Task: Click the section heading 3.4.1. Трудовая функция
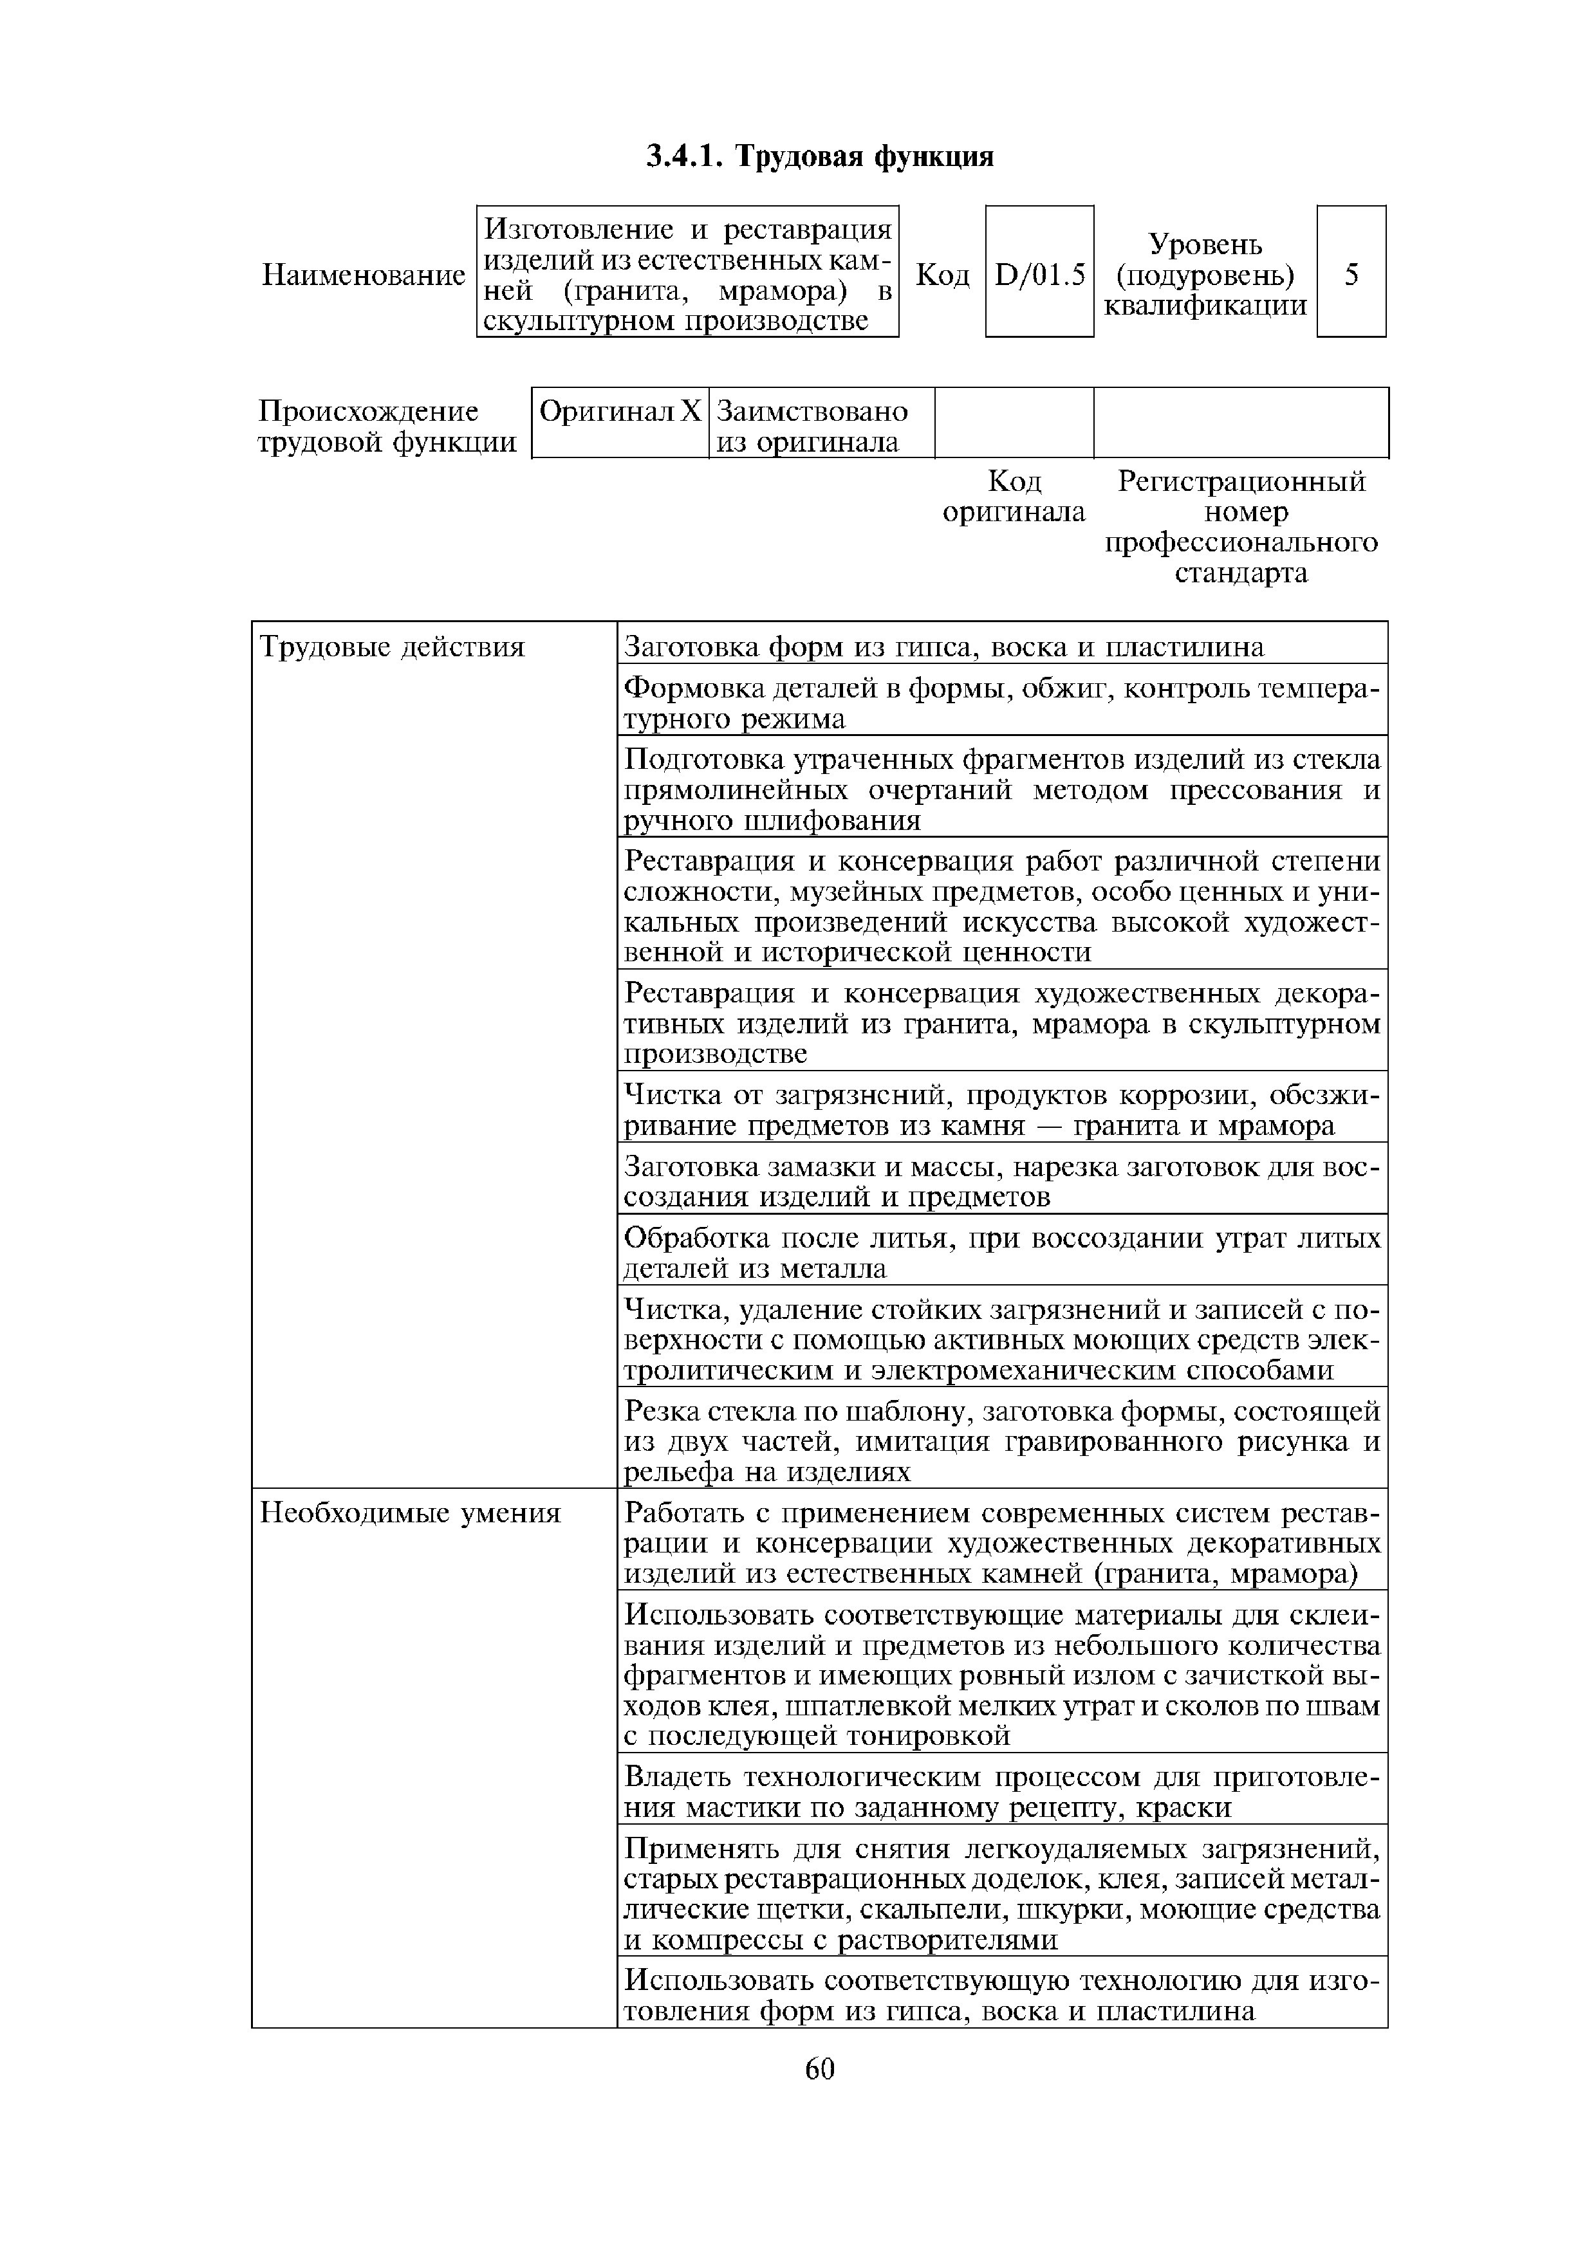(820, 156)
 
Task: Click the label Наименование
(363, 276)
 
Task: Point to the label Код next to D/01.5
(942, 275)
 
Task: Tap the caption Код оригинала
(1014, 497)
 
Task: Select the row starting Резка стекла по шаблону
(1002, 1441)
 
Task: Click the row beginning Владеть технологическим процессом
(1002, 1792)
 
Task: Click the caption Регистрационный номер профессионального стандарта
(1241, 528)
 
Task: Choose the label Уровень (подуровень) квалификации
(1205, 274)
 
